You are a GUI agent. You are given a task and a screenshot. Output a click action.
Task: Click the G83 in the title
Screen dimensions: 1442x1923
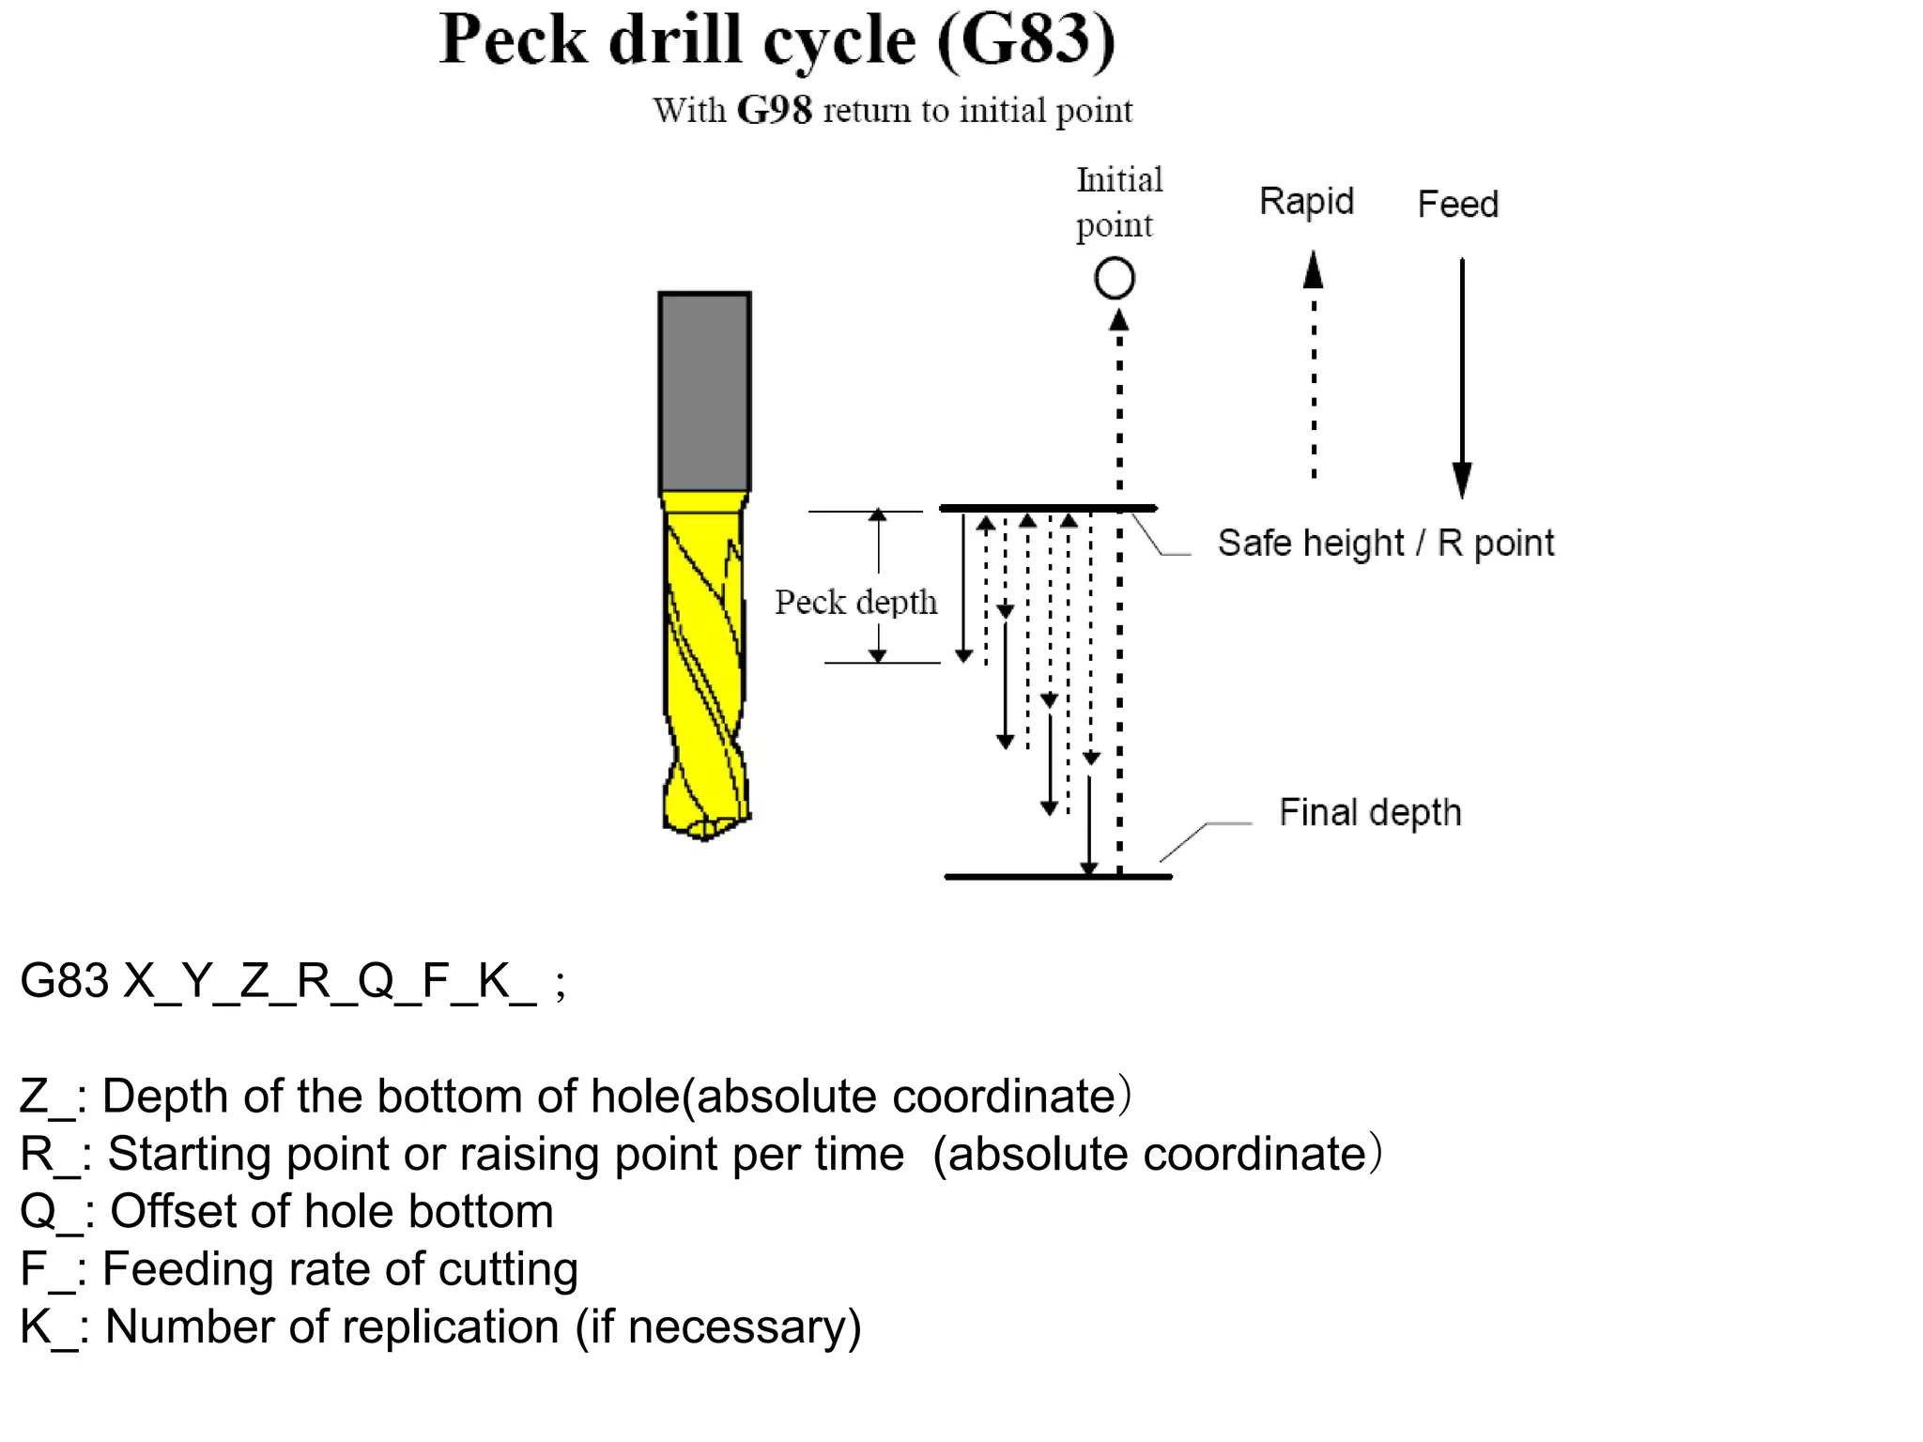tap(1025, 39)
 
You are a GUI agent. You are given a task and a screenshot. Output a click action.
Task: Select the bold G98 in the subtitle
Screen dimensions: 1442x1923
tap(774, 110)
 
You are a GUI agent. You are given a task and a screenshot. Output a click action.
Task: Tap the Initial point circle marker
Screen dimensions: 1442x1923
tap(1115, 279)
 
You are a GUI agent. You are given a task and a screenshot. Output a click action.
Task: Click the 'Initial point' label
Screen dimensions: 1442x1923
tap(1118, 202)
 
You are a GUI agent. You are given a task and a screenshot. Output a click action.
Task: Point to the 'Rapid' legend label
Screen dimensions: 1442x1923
tap(1306, 201)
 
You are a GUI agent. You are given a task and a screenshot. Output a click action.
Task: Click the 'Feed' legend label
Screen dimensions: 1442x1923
tap(1457, 204)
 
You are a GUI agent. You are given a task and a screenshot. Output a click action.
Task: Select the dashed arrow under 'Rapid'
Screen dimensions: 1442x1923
tap(1314, 366)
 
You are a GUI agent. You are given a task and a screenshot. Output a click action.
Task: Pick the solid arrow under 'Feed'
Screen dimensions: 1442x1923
tap(1462, 376)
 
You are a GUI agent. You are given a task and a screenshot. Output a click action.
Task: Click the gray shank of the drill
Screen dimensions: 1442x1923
tap(704, 391)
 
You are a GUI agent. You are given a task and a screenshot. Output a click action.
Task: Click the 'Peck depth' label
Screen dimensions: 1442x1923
tap(855, 602)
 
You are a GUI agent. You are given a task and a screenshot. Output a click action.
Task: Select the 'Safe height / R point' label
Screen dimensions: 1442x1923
tap(1385, 543)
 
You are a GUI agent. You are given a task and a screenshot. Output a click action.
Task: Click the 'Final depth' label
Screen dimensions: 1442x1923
tap(1369, 812)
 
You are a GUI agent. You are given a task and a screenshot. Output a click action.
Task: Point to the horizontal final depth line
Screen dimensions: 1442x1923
tap(1057, 877)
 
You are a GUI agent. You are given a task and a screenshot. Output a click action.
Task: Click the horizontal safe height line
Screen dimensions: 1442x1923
tap(1047, 508)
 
